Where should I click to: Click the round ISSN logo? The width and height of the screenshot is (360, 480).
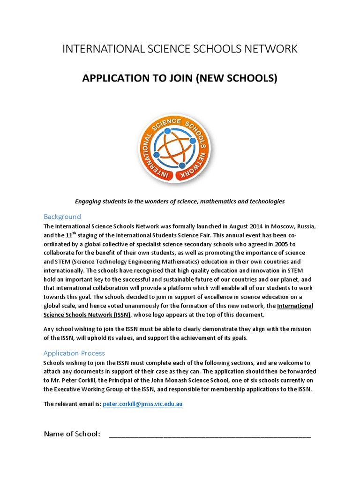pyautogui.click(x=174, y=149)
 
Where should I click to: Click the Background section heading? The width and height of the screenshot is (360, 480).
pyautogui.click(x=62, y=217)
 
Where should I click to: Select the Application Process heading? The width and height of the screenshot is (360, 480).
pyautogui.click(x=74, y=353)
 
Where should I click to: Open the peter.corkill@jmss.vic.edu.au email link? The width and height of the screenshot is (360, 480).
pyautogui.click(x=142, y=404)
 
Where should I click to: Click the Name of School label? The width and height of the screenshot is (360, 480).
pyautogui.click(x=72, y=434)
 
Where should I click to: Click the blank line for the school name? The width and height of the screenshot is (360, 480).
pyautogui.click(x=210, y=435)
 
